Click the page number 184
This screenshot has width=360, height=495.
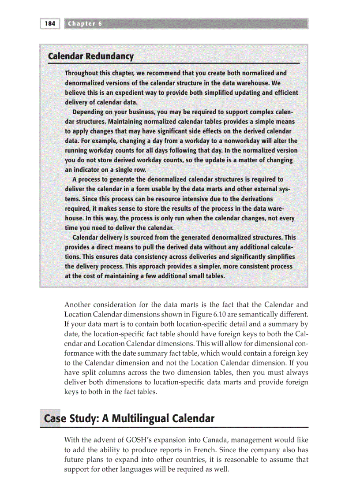click(x=50, y=24)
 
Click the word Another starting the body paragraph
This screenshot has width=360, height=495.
click(x=78, y=305)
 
